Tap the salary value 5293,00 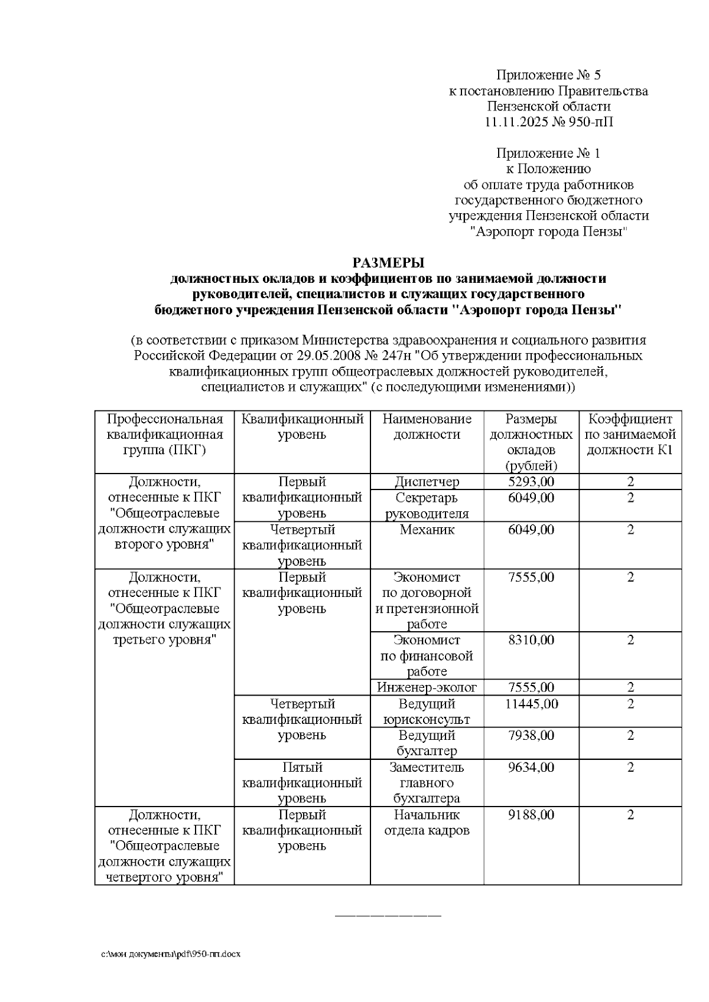click(x=531, y=482)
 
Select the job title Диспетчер click(x=427, y=482)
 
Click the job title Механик click(x=427, y=530)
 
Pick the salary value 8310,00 click(x=531, y=640)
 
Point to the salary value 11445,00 click(x=531, y=704)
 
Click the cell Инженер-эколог click(x=427, y=687)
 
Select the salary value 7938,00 click(x=531, y=735)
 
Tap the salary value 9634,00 click(x=531, y=767)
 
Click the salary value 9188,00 click(x=531, y=815)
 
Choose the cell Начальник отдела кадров click(x=427, y=823)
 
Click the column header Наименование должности click(x=427, y=427)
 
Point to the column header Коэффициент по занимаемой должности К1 click(x=630, y=435)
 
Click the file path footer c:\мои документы click(x=171, y=954)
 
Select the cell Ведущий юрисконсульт click(x=427, y=711)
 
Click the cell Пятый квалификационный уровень click(x=302, y=783)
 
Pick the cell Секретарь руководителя click(x=427, y=505)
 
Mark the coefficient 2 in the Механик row click(x=630, y=530)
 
